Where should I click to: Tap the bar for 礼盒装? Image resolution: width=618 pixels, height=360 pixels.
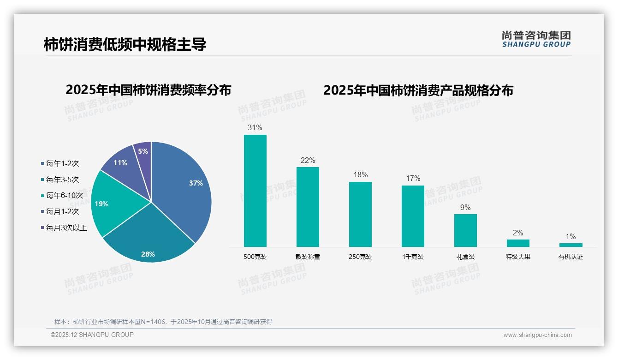tap(465, 230)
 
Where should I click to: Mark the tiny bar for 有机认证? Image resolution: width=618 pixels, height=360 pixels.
tap(570, 245)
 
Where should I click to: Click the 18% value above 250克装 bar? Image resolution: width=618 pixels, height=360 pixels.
tap(360, 175)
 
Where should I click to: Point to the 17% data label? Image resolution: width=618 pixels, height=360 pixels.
tap(413, 179)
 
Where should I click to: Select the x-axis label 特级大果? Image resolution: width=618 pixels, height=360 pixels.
tap(518, 257)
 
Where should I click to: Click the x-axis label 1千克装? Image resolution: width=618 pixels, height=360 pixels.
tap(413, 257)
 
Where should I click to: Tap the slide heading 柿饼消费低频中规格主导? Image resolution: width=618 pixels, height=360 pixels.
tap(125, 45)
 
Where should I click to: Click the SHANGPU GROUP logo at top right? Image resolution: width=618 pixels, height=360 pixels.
tap(536, 39)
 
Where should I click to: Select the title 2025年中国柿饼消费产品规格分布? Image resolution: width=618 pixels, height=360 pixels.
tap(418, 90)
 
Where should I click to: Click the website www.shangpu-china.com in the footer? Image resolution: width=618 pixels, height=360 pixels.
tap(537, 335)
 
